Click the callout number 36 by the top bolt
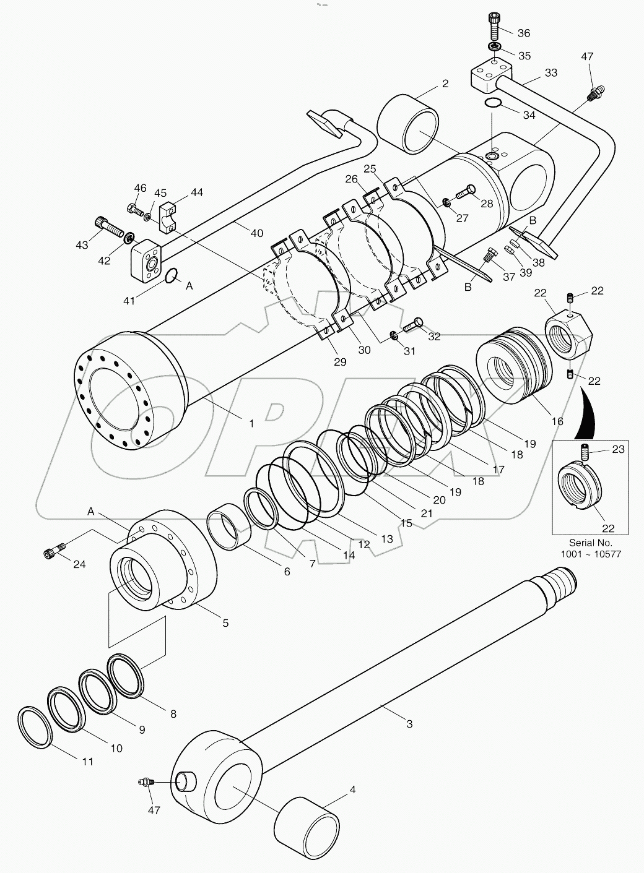(x=524, y=33)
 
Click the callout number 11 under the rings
(x=88, y=761)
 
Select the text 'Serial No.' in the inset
(x=590, y=542)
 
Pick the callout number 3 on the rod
(x=409, y=723)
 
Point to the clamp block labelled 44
(x=168, y=217)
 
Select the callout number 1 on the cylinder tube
(x=251, y=423)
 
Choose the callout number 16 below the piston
(x=557, y=421)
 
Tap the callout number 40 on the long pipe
(x=256, y=233)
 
